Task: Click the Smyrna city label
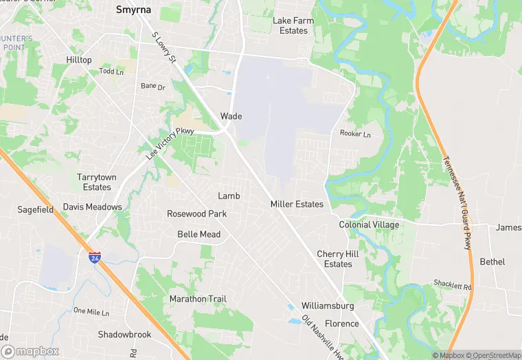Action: point(133,10)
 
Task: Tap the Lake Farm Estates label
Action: point(293,25)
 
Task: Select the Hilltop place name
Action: point(79,60)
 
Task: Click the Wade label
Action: point(231,116)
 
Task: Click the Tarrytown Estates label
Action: point(97,182)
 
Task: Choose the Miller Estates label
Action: point(297,204)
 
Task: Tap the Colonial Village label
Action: point(369,225)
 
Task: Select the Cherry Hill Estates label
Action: point(338,259)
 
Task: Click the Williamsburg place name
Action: point(328,306)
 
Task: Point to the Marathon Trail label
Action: point(198,299)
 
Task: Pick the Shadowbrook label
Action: point(124,335)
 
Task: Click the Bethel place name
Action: point(492,262)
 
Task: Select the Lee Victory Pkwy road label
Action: point(170,144)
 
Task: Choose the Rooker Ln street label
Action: point(355,134)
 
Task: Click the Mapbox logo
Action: point(30,351)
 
